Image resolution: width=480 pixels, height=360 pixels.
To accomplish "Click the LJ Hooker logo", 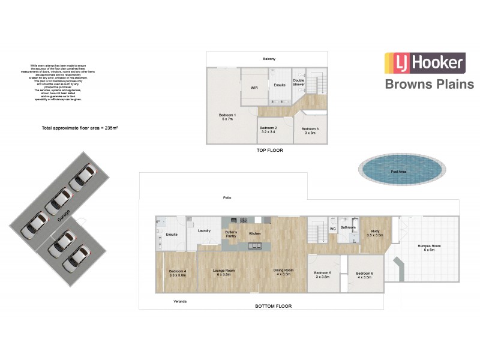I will tap(424, 63).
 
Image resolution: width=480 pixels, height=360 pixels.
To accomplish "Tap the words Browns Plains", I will tap(429, 84).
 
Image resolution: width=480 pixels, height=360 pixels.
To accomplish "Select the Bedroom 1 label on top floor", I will tap(227, 117).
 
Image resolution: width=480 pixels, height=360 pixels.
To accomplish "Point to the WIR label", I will tap(254, 88).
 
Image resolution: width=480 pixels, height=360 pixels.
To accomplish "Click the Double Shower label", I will tap(298, 83).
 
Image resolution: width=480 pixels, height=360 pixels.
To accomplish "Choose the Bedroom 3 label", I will tap(310, 131).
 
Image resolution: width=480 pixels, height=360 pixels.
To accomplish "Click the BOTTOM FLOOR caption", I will tap(273, 306).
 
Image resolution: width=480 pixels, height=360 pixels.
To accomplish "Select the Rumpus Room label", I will tap(430, 247).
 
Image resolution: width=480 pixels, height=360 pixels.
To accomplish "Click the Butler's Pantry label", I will tap(231, 234).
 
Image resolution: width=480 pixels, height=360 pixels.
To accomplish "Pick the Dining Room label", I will tap(283, 272).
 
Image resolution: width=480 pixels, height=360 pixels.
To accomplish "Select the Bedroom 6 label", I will tap(364, 275).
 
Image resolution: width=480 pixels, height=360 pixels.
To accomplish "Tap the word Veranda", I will tap(179, 301).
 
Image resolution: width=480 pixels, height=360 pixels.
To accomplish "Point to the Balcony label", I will tap(269, 59).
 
